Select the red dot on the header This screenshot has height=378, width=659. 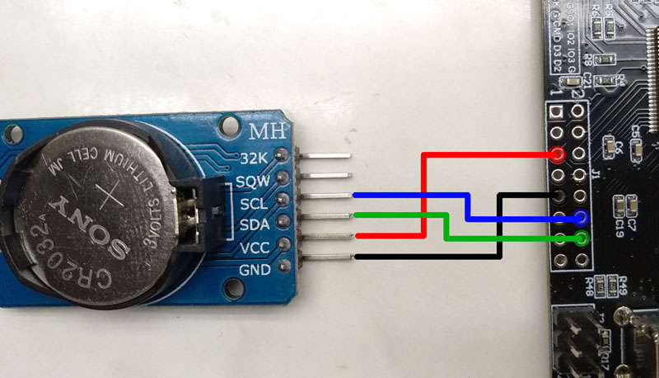pos(559,154)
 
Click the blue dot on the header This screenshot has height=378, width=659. pos(581,218)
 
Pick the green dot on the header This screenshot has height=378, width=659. pos(582,239)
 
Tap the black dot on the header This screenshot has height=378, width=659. pos(559,196)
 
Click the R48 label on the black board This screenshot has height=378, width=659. pos(590,286)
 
